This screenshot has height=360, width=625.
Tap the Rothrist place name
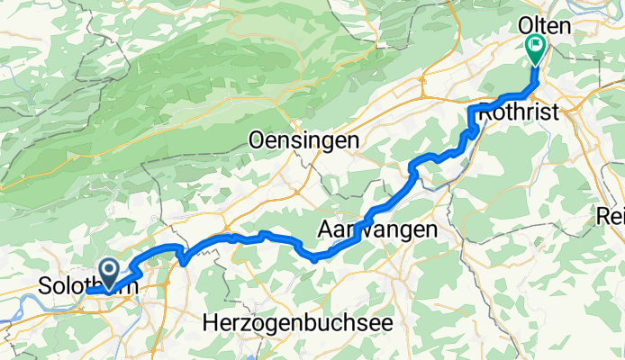pyautogui.click(x=518, y=112)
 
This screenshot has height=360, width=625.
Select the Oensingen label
pyautogui.click(x=303, y=141)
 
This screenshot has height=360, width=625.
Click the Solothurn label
pyautogui.click(x=86, y=288)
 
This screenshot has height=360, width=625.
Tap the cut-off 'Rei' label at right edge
pyautogui.click(x=611, y=216)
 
